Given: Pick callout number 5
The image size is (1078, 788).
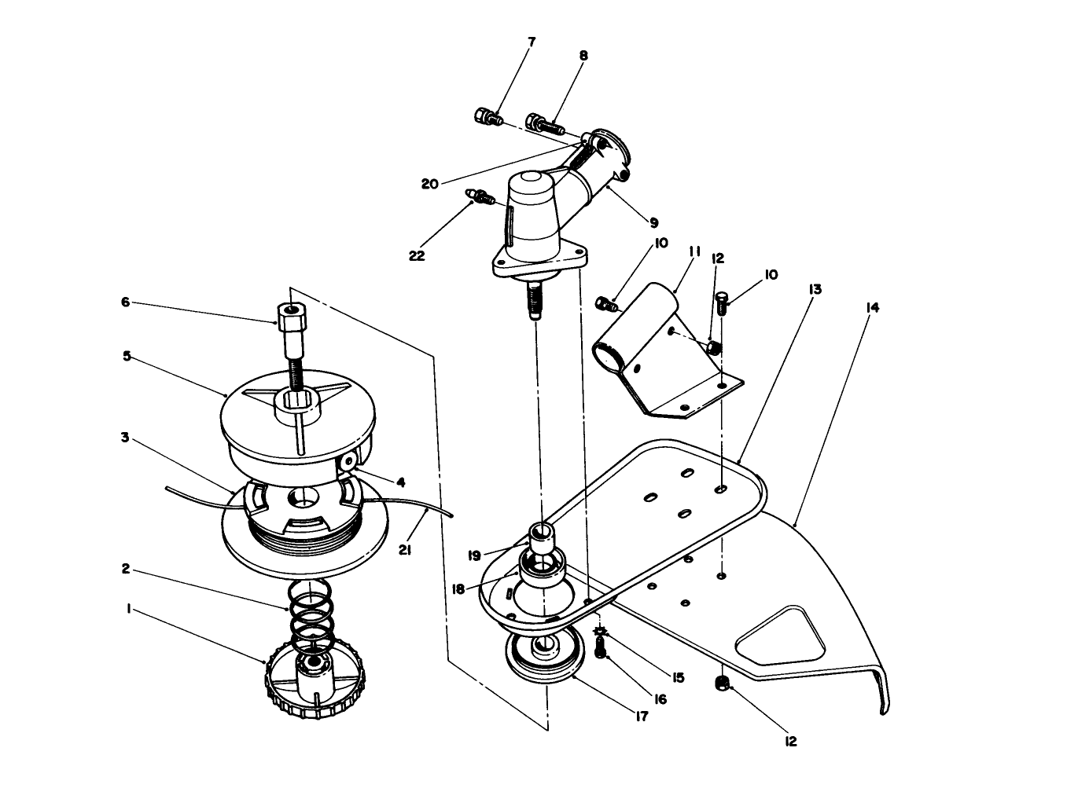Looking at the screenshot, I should click(126, 355).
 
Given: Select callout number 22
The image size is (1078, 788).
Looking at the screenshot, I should click(418, 255).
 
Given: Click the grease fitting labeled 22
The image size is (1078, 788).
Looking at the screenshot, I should click(482, 196).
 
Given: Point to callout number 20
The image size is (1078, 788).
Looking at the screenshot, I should click(429, 183).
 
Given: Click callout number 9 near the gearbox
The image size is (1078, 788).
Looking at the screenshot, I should click(653, 222).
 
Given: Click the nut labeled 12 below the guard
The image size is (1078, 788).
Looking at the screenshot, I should click(722, 684).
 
